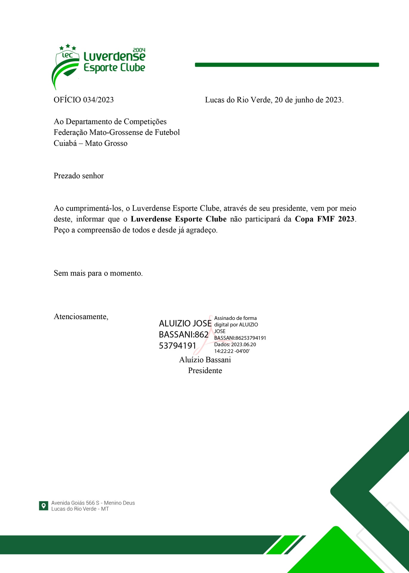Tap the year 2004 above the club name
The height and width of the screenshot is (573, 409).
(139, 50)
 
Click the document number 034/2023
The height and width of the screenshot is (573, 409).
(98, 100)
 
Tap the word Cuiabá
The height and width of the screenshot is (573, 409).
(65, 143)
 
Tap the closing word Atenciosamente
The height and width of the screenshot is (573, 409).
(81, 317)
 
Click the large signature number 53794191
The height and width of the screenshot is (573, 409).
(177, 346)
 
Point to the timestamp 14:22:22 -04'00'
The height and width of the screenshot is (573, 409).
(232, 351)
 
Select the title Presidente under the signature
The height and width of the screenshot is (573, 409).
(205, 371)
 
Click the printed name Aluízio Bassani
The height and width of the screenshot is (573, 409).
(205, 360)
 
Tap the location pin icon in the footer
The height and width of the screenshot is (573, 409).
(44, 506)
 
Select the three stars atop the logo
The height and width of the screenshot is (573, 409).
(68, 47)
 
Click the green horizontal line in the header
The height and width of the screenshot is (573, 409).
(287, 65)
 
